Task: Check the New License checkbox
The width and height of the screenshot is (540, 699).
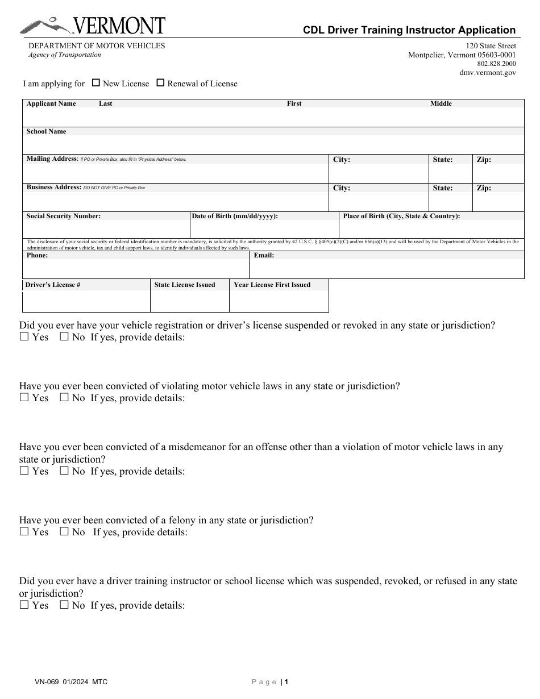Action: tap(96, 83)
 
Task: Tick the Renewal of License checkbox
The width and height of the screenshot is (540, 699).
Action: tap(160, 83)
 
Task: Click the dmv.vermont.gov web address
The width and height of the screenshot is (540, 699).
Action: tap(488, 73)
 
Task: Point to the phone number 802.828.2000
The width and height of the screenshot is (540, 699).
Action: tap(497, 64)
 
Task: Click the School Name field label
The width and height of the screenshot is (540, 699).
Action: tap(46, 131)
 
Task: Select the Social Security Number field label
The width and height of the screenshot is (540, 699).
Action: tap(64, 216)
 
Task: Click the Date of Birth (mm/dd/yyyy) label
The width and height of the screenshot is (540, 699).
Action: tap(235, 216)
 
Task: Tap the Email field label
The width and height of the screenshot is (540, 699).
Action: tap(264, 255)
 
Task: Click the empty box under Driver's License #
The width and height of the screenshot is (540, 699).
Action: tap(86, 301)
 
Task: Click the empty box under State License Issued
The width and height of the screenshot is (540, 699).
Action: tap(189, 301)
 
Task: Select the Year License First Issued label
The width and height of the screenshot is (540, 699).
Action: tap(272, 285)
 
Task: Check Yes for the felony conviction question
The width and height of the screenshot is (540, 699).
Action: tap(24, 532)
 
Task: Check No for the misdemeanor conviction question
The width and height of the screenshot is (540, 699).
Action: tap(64, 471)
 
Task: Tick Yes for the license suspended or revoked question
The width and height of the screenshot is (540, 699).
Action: tap(24, 337)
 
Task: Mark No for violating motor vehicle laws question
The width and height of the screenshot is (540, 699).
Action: tap(64, 398)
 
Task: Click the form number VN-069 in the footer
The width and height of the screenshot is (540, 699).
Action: tap(47, 681)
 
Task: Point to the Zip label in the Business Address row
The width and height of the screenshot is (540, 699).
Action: tap(484, 188)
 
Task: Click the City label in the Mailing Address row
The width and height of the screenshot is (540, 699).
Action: tap(341, 160)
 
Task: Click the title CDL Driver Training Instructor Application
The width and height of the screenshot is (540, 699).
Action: tap(409, 30)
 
